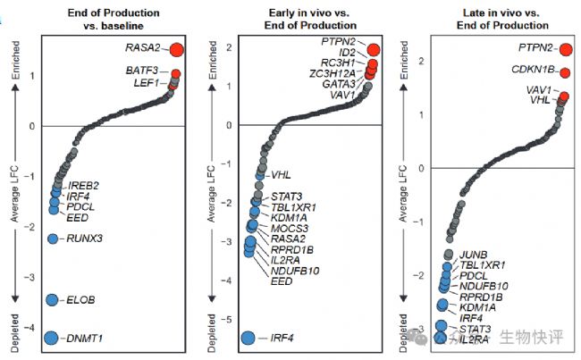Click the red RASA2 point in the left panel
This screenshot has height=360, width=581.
[176, 50]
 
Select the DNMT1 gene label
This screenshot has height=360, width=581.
[87, 339]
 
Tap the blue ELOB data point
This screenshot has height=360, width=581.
[51, 299]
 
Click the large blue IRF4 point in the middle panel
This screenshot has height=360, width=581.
[249, 337]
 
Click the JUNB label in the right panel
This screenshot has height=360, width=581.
[473, 254]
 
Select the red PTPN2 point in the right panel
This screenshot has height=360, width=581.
[565, 48]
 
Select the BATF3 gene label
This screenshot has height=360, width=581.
[142, 69]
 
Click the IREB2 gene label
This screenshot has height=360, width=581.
[83, 185]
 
